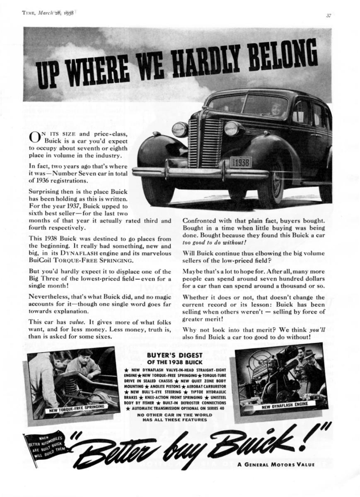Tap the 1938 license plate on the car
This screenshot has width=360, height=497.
(241, 162)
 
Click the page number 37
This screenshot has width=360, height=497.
(328, 16)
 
